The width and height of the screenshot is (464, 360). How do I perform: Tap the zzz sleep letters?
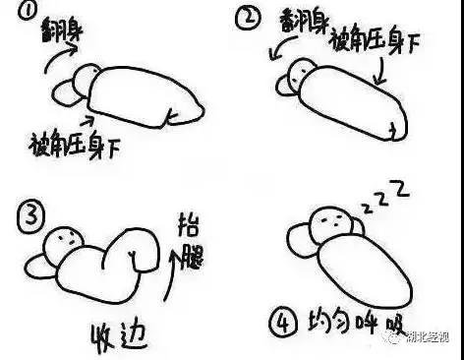[386, 198]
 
